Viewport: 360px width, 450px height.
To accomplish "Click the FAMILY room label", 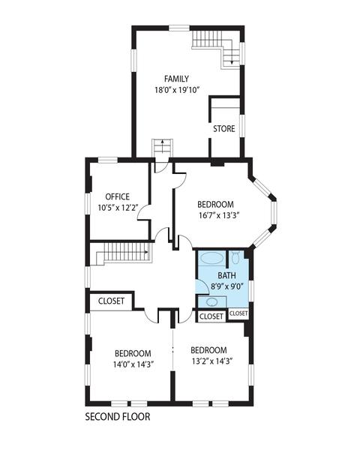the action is point(176,79).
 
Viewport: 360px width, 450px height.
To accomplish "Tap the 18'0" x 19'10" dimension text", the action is point(177,90).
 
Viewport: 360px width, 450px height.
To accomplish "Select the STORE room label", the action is point(224,128).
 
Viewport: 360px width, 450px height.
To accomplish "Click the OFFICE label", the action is point(118,196).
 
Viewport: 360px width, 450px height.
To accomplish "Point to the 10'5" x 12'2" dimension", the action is point(118,208).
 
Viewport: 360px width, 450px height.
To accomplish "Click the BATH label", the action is point(226,275).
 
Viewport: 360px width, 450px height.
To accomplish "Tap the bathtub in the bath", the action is point(211,258).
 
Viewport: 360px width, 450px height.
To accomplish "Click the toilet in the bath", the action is point(235,258).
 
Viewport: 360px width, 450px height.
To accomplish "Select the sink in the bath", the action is point(212,302).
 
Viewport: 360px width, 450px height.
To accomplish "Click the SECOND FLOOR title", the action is point(118,417).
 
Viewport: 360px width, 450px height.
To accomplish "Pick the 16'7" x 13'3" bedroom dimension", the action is point(219,215).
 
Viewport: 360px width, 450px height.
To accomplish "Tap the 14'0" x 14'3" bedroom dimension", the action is point(133,364).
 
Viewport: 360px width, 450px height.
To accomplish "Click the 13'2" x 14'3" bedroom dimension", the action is point(211,361).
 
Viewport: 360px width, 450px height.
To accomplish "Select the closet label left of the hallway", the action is point(112,301).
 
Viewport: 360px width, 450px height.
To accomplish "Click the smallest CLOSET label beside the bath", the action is point(238,313).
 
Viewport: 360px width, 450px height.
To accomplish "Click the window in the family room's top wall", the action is point(179,28).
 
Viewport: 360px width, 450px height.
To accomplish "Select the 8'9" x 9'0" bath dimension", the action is point(227,286).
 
